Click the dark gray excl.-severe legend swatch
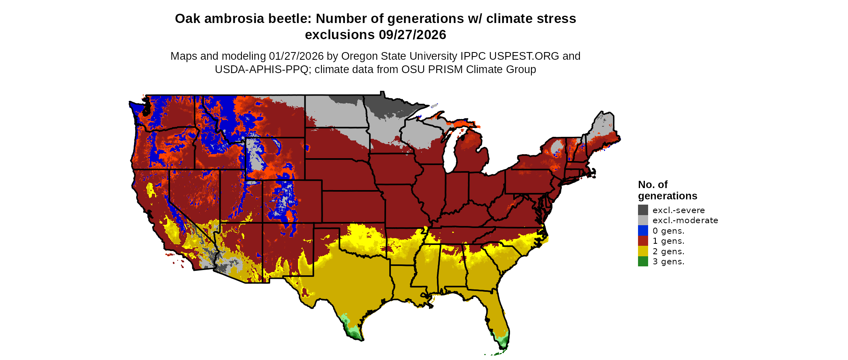(x=643, y=210)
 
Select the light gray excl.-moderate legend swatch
(x=643, y=220)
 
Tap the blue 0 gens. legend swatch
(x=643, y=231)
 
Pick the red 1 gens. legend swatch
(x=643, y=241)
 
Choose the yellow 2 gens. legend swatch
(x=643, y=251)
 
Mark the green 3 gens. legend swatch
(x=643, y=262)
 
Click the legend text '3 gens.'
(x=668, y=262)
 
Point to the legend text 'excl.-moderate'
(x=685, y=220)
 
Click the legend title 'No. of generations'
(x=667, y=190)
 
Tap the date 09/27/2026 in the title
(x=412, y=35)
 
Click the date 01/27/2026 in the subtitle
(x=296, y=56)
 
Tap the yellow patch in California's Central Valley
(x=151, y=190)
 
